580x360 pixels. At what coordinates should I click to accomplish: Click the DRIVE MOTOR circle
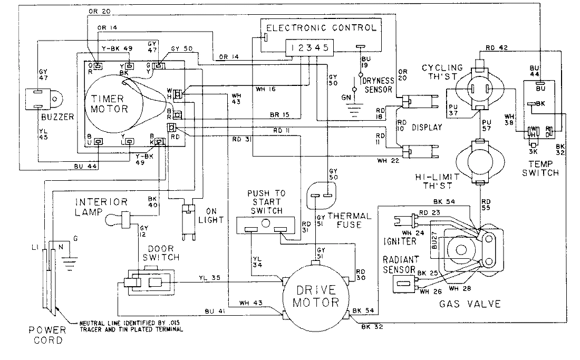coord(316,296)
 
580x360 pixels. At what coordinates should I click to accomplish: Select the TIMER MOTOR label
coord(109,104)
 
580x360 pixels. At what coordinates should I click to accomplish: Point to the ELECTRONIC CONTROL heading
coord(321,27)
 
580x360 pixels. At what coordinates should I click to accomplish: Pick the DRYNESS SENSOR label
coord(378,85)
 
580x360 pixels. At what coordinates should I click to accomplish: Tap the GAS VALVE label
coord(469,304)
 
